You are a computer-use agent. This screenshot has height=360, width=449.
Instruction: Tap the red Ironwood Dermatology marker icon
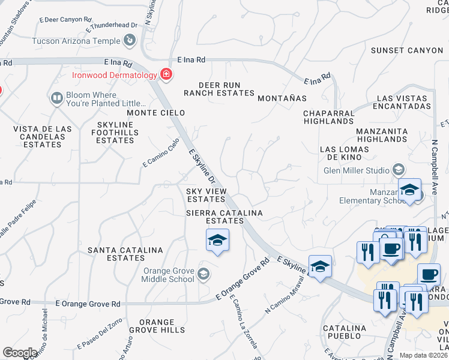(166, 75)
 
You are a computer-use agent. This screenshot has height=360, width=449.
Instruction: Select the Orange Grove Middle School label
(168, 275)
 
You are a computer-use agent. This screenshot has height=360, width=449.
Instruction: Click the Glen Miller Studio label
(357, 170)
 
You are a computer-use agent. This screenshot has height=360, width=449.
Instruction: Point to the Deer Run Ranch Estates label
(219, 89)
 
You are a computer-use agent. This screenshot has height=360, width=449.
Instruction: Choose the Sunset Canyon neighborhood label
(406, 50)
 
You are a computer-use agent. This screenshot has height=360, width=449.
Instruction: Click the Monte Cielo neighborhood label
(155, 113)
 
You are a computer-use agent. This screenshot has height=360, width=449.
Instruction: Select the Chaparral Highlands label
(328, 117)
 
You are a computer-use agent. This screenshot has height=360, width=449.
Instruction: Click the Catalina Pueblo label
(345, 333)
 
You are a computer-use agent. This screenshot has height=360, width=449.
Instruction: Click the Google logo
(20, 353)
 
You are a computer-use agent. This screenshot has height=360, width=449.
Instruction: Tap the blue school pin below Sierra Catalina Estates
(217, 241)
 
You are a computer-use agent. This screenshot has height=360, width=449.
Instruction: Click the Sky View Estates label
(206, 195)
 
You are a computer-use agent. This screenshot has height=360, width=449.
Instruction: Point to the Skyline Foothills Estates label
(115, 132)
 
